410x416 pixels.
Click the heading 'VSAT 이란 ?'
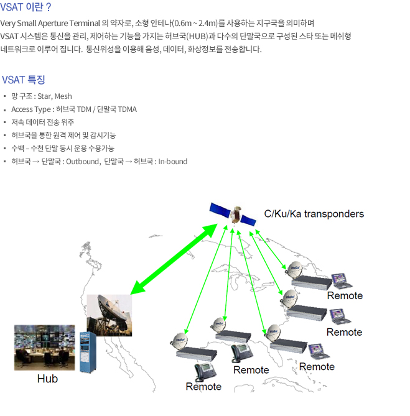(x=26, y=7)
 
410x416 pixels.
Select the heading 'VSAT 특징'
(x=24, y=80)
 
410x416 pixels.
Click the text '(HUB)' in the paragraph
(x=197, y=36)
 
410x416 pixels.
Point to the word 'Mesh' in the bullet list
(x=63, y=96)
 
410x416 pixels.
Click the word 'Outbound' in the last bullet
(x=83, y=161)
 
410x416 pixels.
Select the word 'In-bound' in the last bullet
(x=173, y=161)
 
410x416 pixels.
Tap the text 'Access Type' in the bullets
(x=31, y=109)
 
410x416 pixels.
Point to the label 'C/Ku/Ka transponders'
(x=314, y=214)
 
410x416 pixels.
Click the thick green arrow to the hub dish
(x=174, y=259)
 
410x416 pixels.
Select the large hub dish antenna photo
(x=109, y=315)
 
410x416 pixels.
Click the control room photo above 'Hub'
(x=45, y=347)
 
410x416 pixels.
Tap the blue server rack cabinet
(x=88, y=353)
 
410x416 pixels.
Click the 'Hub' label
(x=47, y=379)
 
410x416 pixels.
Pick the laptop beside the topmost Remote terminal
(x=342, y=281)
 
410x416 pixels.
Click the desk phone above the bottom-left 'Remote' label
(x=205, y=372)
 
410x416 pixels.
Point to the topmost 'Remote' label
(x=345, y=295)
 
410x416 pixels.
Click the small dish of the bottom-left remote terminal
(x=179, y=341)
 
